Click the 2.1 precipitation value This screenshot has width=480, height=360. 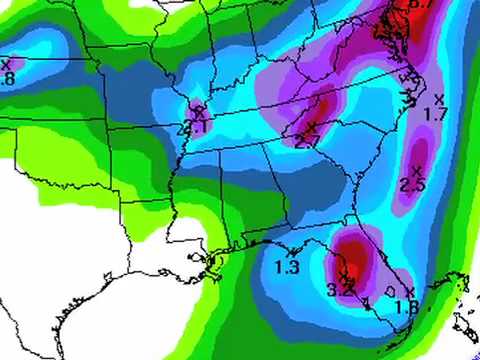[197, 127]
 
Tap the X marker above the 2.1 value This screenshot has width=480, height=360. [198, 110]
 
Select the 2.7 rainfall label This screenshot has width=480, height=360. [307, 143]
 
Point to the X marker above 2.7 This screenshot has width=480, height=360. [311, 127]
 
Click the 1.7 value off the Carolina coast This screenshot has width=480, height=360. [436, 115]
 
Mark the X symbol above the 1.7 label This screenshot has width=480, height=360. [440, 98]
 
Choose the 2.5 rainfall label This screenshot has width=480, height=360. [412, 185]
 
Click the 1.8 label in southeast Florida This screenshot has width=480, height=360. [405, 307]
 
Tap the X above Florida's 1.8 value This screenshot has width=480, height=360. [410, 290]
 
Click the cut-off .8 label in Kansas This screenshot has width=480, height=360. [8, 78]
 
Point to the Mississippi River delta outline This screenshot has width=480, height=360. [213, 263]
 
